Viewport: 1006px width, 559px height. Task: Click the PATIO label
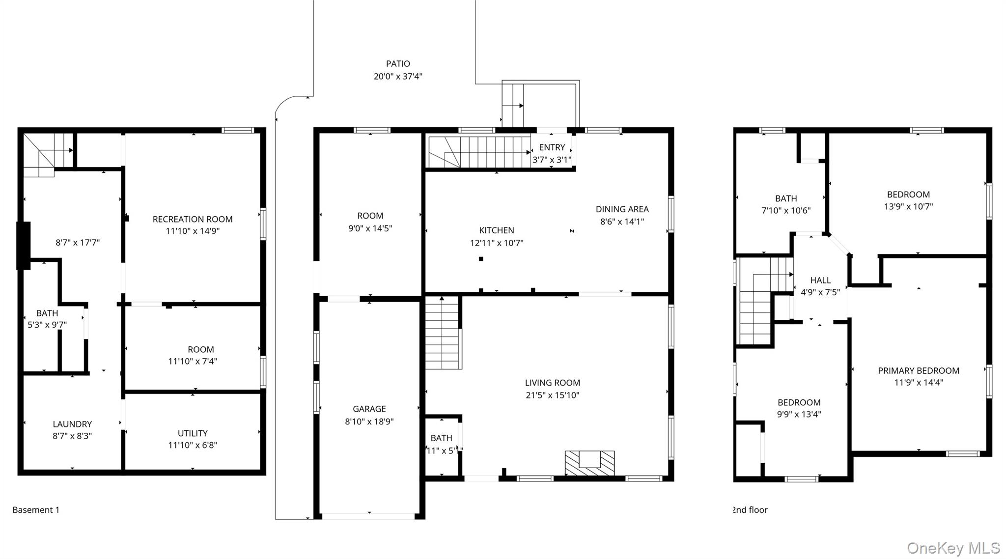[398, 64]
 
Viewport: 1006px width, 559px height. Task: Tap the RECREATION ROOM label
[193, 219]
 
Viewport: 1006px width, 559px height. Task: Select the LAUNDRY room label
[72, 424]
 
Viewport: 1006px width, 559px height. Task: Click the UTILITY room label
[193, 433]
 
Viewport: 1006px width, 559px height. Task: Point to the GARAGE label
[369, 409]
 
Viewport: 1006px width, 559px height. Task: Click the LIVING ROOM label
[552, 383]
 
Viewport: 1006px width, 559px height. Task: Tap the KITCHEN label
[497, 230]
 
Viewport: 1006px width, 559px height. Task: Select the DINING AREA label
[622, 209]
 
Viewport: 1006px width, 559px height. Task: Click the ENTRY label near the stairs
[552, 147]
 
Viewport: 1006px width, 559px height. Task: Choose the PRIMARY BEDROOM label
[919, 370]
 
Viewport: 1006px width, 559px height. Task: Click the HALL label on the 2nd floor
[820, 280]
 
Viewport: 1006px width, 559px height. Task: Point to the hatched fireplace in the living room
[589, 463]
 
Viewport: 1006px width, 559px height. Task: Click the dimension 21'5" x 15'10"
[552, 395]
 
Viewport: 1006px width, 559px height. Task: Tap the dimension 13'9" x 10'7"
[908, 206]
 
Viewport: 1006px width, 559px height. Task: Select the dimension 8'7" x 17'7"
[78, 242]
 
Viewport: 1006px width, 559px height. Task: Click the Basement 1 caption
[36, 510]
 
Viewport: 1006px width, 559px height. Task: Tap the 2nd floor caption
[750, 510]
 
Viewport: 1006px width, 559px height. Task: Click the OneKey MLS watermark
[953, 548]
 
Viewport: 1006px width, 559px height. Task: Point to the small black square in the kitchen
[481, 259]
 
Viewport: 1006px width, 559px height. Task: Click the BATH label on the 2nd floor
[786, 198]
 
